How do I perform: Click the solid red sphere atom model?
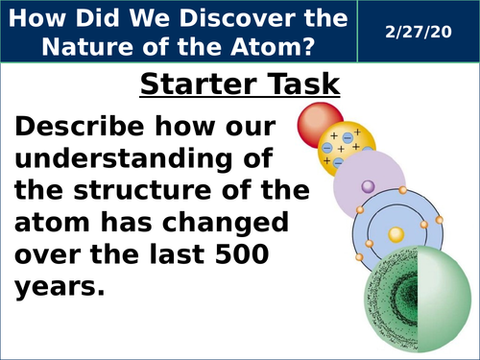click(x=320, y=123)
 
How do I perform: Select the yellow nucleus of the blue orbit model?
click(x=394, y=233)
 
